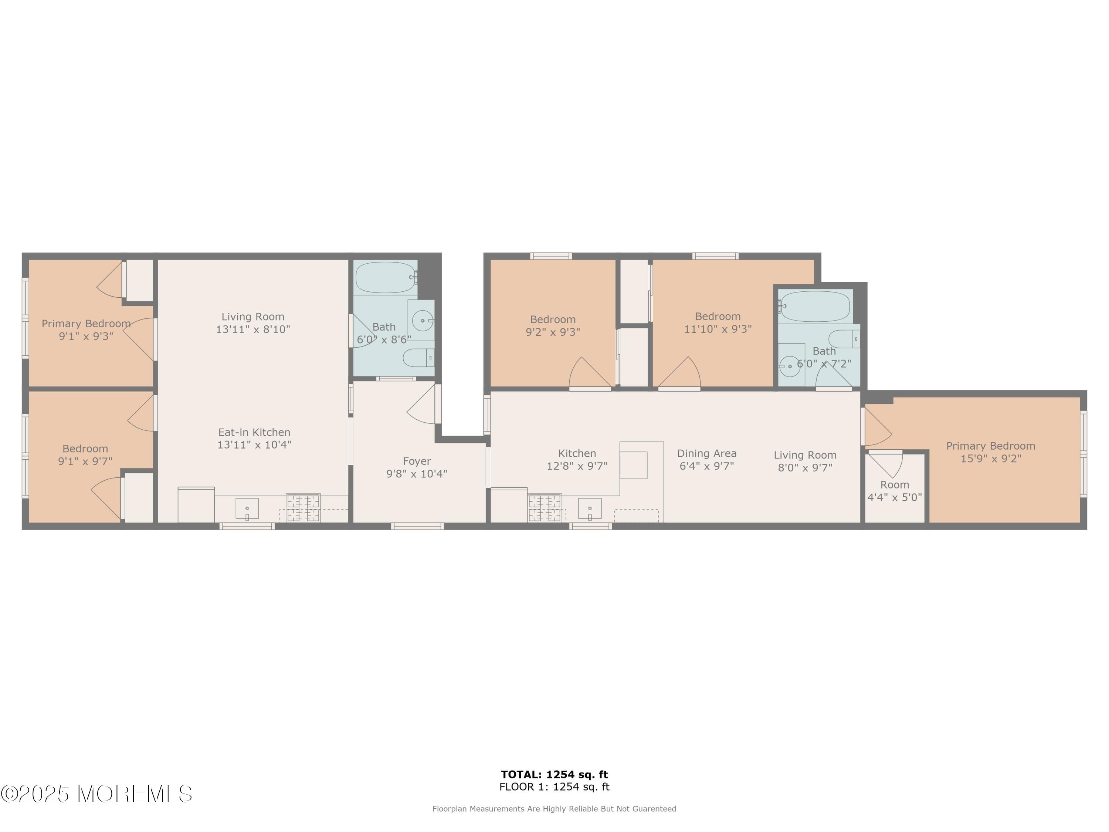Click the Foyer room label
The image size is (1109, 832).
[417, 461]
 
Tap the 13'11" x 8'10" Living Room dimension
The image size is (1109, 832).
[253, 329]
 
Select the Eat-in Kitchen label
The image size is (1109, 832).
[254, 432]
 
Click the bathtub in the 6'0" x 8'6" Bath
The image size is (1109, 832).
[386, 277]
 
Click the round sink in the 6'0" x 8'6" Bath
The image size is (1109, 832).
[422, 320]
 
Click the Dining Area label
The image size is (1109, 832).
[706, 453]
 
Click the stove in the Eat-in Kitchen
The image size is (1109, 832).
[303, 508]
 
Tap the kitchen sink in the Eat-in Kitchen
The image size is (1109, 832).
[247, 508]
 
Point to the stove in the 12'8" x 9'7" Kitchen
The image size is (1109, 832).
[545, 508]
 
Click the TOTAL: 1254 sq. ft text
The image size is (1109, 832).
[554, 775]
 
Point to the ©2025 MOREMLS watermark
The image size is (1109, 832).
[96, 794]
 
